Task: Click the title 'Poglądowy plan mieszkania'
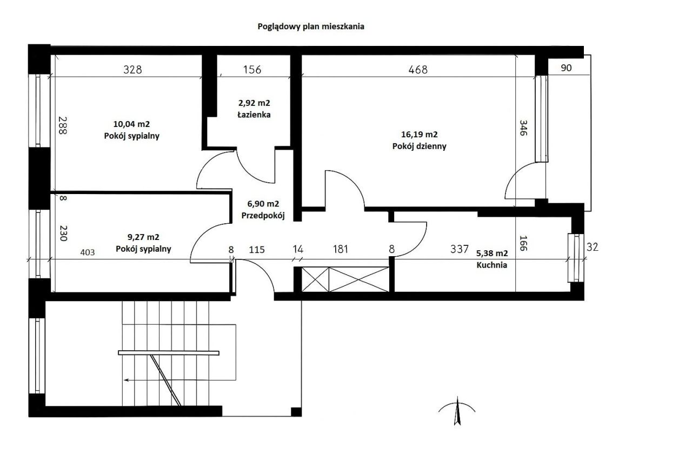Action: [x=311, y=26]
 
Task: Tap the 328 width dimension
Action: [x=132, y=70]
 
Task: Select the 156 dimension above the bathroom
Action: [x=252, y=70]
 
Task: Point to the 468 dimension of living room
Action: [x=418, y=70]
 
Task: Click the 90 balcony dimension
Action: [x=566, y=68]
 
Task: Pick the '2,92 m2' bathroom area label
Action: [x=254, y=103]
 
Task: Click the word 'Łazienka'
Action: [x=254, y=115]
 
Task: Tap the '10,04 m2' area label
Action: [x=131, y=124]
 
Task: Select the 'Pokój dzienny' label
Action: [x=419, y=146]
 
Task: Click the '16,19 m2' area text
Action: [x=419, y=135]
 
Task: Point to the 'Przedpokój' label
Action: [x=263, y=216]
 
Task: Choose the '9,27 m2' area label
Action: [x=143, y=237]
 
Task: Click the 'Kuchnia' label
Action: [x=492, y=265]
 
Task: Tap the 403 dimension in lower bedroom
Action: [x=88, y=252]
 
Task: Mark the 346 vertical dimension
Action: [x=523, y=128]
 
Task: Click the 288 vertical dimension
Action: [x=63, y=125]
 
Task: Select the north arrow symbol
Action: [x=457, y=411]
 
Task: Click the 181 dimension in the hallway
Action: [x=341, y=249]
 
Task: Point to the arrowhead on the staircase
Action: [x=126, y=380]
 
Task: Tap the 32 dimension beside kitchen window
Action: [x=592, y=247]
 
